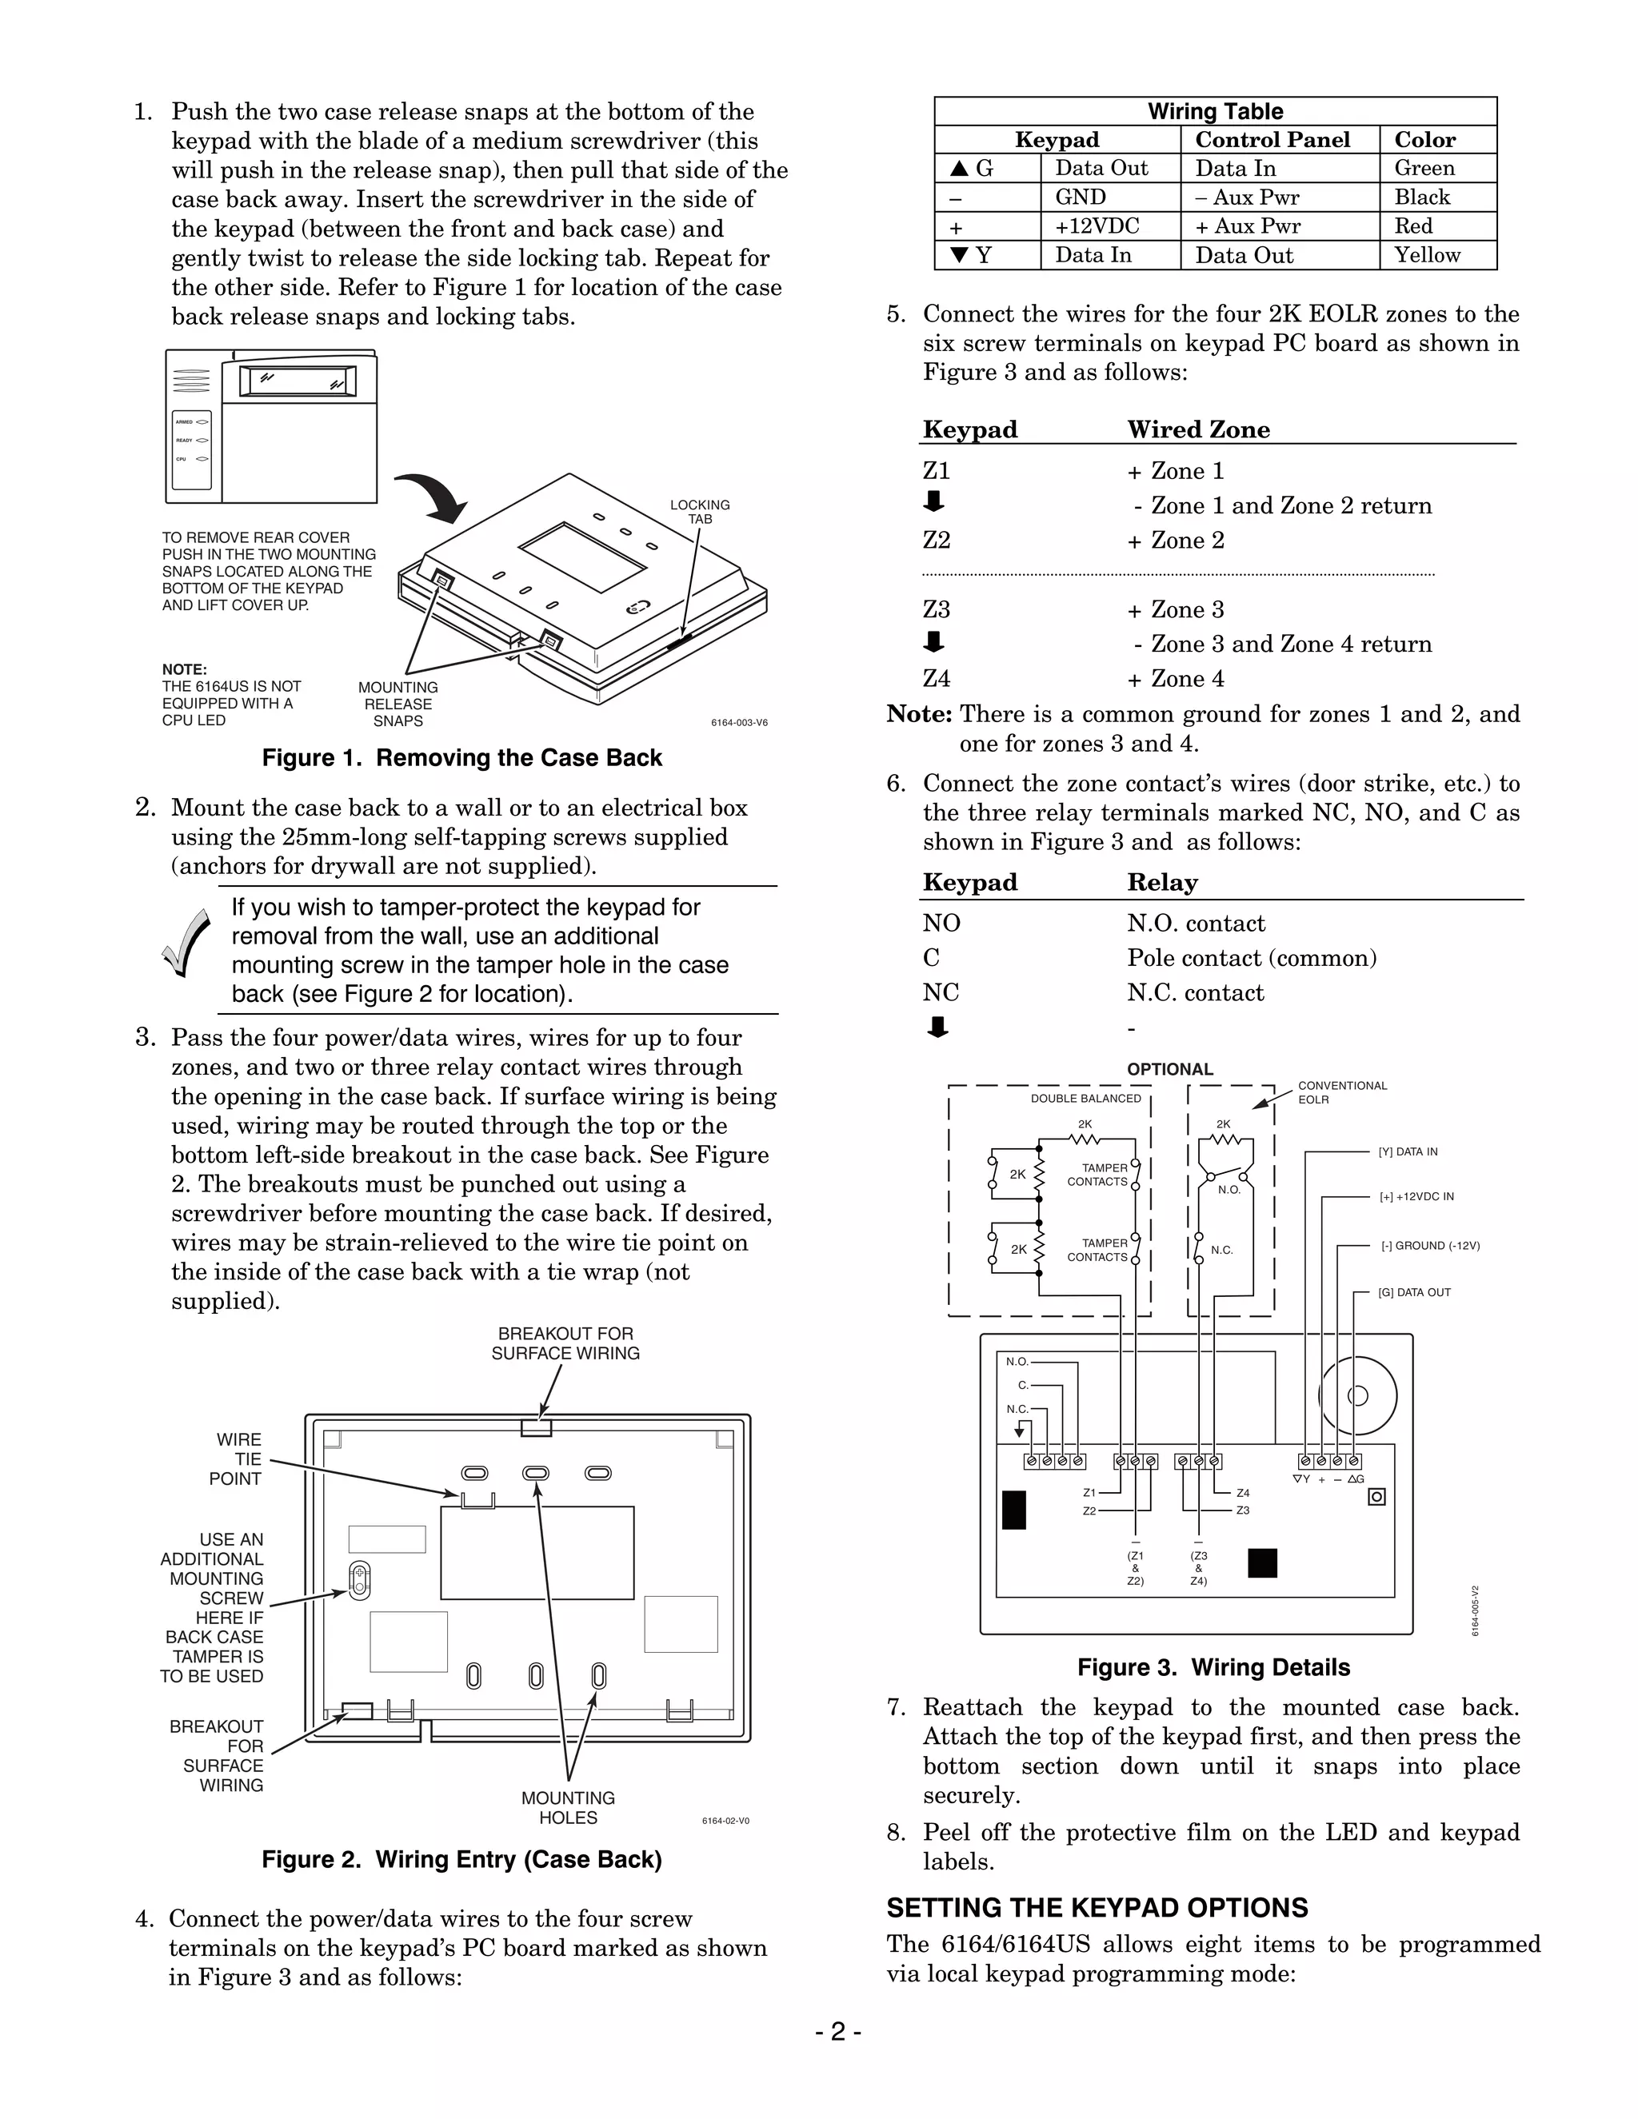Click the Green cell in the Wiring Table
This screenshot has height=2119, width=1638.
click(x=1424, y=168)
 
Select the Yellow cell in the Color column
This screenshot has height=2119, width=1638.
click(x=1427, y=255)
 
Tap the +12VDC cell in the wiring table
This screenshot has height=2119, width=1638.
click(x=1097, y=226)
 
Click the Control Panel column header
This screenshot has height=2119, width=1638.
click(x=1272, y=140)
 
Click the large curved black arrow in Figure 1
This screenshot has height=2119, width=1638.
click(x=433, y=495)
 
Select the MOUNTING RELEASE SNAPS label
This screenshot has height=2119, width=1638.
click(x=398, y=704)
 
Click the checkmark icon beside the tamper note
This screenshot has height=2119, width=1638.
click(x=187, y=942)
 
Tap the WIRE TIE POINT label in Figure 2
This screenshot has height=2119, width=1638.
click(x=237, y=1459)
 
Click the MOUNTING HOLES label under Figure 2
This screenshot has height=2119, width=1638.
click(x=568, y=1808)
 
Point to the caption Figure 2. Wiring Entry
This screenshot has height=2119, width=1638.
click(x=462, y=1859)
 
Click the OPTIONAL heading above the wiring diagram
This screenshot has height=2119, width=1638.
click(x=1169, y=1069)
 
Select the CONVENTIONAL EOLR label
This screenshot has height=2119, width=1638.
click(x=1342, y=1092)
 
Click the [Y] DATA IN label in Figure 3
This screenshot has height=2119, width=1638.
click(x=1407, y=1151)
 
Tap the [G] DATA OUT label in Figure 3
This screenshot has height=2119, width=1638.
click(x=1414, y=1292)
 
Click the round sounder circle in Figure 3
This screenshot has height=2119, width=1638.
click(x=1357, y=1396)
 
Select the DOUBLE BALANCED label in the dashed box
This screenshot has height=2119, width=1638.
click(x=1085, y=1099)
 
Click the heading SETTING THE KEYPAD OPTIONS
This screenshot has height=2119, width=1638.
click(x=1097, y=1907)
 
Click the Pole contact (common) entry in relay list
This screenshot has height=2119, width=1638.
click(x=1251, y=959)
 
